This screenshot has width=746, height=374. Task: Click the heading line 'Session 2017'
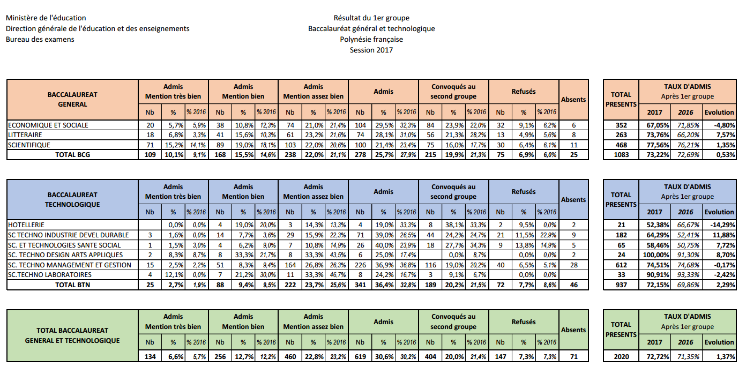tap(371, 50)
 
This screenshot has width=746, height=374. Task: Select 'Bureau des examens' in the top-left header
tap(40, 39)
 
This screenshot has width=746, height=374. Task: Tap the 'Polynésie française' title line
tap(371, 39)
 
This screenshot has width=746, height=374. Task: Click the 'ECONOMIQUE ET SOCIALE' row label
tap(48, 125)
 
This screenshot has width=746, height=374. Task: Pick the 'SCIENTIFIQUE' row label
tap(29, 145)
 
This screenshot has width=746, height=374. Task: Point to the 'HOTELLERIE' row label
tap(26, 225)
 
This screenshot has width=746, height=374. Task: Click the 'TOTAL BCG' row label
tap(72, 155)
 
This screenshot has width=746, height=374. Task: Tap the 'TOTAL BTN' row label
tap(72, 285)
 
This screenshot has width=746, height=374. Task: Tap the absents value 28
tap(573, 265)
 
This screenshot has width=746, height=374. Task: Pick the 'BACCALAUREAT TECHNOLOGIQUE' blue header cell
tap(72, 199)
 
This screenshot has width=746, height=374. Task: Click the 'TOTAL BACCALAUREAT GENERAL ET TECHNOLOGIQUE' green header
tap(72, 335)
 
